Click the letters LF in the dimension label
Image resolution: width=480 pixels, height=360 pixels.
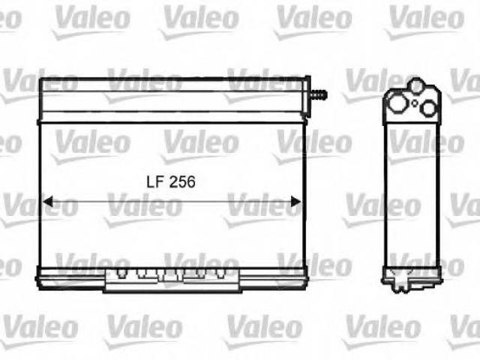155,182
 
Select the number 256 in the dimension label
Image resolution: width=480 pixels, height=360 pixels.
182,182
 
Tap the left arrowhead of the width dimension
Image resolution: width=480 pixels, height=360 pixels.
48,202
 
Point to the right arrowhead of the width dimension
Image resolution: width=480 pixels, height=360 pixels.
295,202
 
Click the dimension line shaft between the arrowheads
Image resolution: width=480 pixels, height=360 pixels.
172,202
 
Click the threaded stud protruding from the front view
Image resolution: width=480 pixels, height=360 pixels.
318,94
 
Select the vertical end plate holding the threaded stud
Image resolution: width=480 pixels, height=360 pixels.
307,96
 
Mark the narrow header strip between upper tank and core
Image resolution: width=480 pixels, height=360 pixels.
172,118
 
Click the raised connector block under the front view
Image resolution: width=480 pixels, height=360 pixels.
172,280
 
